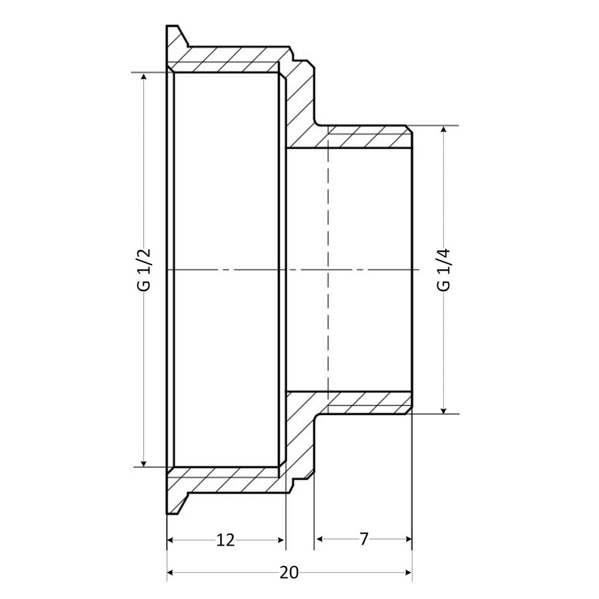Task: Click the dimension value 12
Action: point(225,540)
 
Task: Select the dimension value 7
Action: point(364,540)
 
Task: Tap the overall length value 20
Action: point(289,573)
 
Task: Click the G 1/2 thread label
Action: point(144,270)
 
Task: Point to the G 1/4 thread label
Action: point(444,270)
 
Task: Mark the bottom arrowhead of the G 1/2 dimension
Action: point(144,461)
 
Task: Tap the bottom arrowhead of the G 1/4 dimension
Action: point(444,409)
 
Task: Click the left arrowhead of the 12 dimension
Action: point(171,540)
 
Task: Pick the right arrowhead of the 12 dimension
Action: point(281,540)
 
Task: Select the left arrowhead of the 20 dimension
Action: point(171,573)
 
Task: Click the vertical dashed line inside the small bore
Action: point(328,270)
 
